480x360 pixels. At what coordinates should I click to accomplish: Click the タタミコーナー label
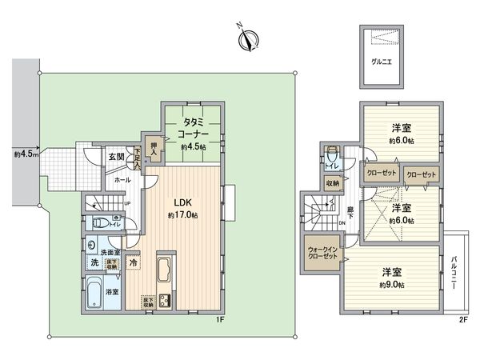pos(193,128)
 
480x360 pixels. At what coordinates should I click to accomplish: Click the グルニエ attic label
pos(381,59)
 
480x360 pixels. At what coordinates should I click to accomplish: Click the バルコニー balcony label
pos(454,272)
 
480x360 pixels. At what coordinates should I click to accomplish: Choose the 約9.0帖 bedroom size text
pos(392,284)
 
